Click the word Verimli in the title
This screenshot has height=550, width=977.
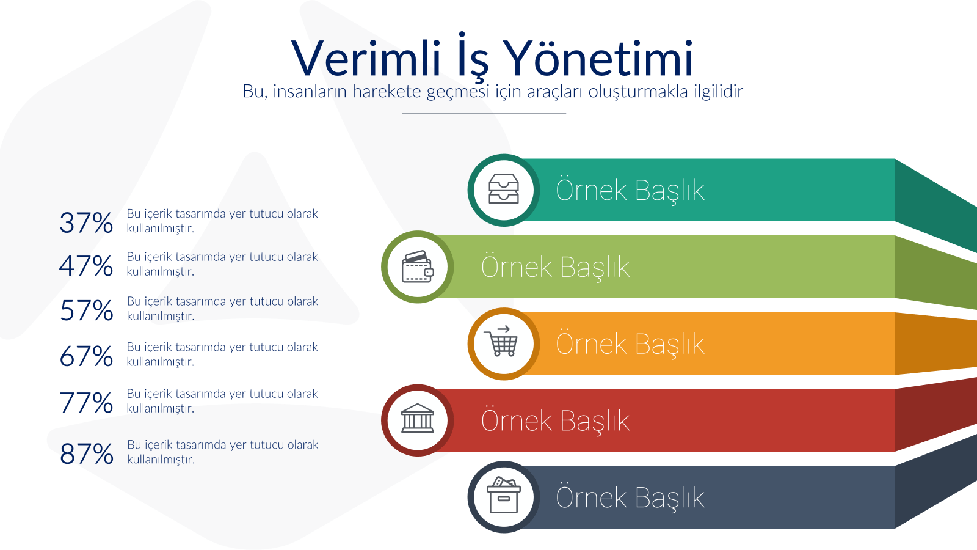[366, 59]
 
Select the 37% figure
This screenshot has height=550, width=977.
[86, 222]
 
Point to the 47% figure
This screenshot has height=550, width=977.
[86, 266]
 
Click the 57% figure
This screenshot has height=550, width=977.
[86, 310]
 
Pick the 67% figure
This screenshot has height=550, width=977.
[86, 356]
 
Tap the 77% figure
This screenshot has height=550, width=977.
[86, 402]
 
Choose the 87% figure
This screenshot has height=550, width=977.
[86, 453]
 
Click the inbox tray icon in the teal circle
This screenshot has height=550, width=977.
[504, 189]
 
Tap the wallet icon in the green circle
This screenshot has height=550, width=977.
[418, 266]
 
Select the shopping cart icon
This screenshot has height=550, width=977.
[501, 341]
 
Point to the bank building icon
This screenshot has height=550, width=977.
[418, 418]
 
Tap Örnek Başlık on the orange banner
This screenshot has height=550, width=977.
[630, 343]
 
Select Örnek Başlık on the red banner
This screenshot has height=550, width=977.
[555, 420]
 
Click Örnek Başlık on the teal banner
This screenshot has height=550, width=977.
[630, 190]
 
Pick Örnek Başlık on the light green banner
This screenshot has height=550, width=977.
[555, 266]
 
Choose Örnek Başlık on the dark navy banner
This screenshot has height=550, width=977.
[630, 497]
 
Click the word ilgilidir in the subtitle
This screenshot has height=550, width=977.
[718, 91]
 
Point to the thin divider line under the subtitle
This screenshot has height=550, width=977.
[484, 114]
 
